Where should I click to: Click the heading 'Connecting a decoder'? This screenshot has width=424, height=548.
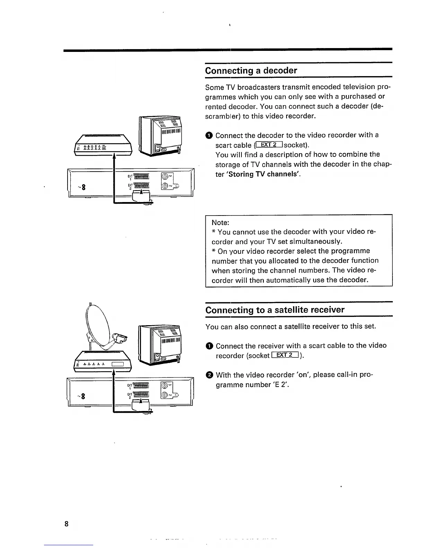coord(251,71)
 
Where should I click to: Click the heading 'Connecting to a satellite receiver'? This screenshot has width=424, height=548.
coord(275,310)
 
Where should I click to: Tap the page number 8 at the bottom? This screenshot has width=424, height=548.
coord(66,523)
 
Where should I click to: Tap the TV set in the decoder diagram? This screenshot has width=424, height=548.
coord(160,137)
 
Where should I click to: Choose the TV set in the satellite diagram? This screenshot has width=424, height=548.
coord(160,346)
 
